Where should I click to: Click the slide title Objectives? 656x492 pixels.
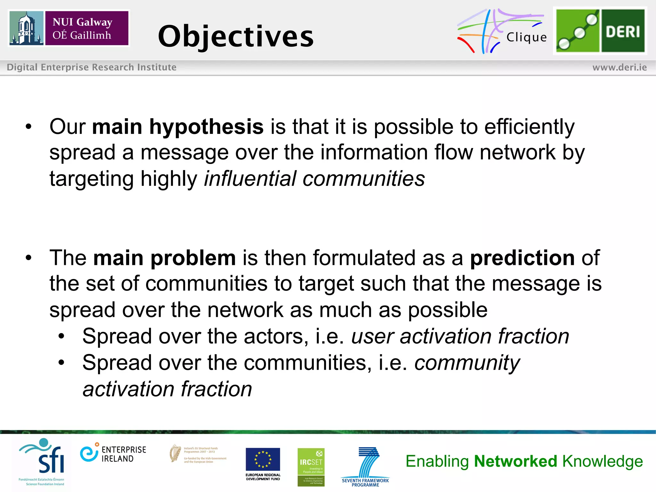click(236, 36)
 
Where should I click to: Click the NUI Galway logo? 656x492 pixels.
click(69, 28)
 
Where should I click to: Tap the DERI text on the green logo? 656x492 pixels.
click(623, 31)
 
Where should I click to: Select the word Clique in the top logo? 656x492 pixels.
click(526, 37)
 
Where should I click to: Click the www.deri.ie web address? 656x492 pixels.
click(619, 67)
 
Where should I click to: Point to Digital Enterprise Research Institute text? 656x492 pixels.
click(92, 67)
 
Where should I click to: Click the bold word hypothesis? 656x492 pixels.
click(206, 127)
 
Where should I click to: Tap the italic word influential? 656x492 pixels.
click(250, 178)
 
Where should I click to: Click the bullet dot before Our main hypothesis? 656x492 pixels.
click(29, 127)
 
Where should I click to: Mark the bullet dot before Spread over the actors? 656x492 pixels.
click(61, 336)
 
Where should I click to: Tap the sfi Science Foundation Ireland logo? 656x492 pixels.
click(43, 462)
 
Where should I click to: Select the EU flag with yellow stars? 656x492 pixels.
click(263, 459)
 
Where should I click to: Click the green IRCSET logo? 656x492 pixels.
click(311, 467)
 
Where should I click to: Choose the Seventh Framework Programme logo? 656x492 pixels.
click(365, 466)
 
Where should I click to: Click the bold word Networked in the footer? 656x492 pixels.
click(515, 461)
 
